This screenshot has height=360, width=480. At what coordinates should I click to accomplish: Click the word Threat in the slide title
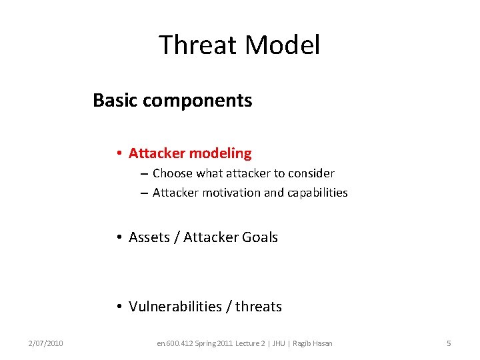(198, 45)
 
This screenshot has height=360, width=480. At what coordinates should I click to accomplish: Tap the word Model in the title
(282, 45)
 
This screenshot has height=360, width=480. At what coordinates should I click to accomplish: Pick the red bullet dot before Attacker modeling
(117, 153)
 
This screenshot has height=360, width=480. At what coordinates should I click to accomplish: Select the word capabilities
(316, 193)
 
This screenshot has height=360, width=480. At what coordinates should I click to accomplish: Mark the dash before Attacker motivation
(144, 193)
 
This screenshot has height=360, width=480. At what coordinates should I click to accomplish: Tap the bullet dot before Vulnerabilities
(117, 307)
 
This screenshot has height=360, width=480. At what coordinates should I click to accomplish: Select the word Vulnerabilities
(175, 307)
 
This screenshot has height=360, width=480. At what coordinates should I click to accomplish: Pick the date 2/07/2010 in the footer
(46, 343)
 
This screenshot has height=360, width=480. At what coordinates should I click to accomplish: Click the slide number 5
(449, 343)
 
